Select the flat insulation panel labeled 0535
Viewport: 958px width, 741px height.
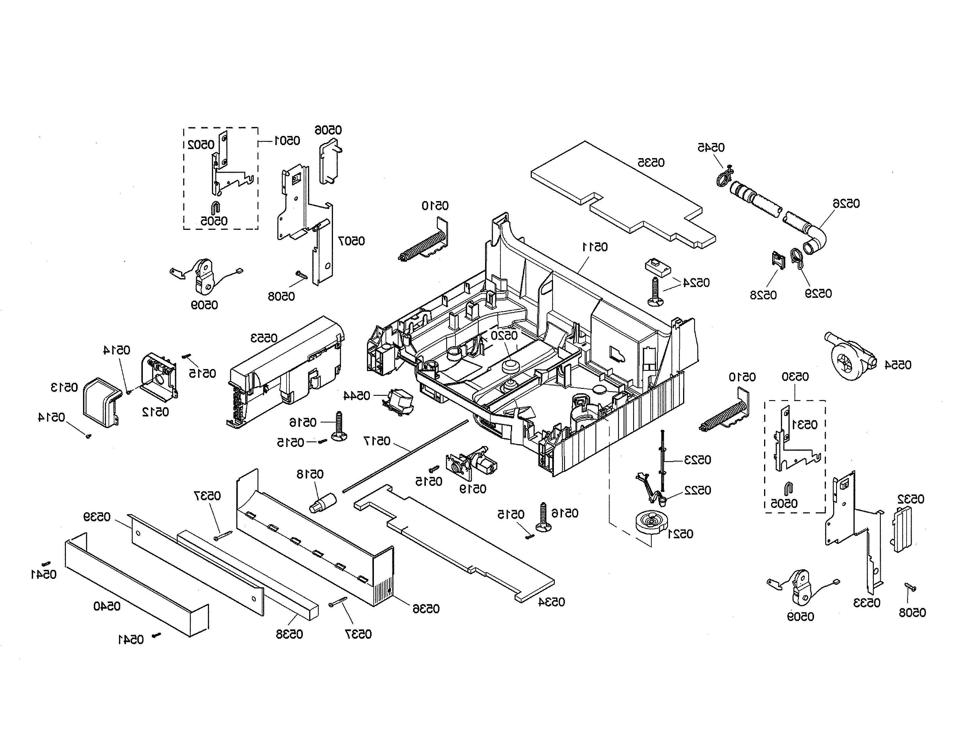pos(623,193)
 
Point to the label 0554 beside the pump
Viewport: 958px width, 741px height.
pos(898,365)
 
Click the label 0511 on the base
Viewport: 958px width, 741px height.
pos(595,247)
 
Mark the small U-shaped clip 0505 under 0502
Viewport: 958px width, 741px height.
pos(215,208)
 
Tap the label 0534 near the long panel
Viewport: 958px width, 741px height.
pos(551,602)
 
